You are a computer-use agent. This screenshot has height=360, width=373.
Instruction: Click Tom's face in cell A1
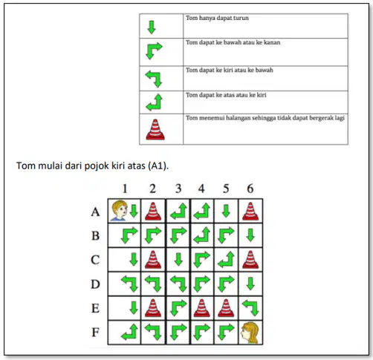[x=120, y=211]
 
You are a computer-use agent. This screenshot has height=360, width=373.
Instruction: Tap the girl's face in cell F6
[x=250, y=333]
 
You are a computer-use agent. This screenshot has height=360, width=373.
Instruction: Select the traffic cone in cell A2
[x=153, y=212]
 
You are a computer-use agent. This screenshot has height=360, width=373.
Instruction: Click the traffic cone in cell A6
[x=250, y=212]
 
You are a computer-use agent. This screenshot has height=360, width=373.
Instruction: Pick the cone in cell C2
[x=153, y=260]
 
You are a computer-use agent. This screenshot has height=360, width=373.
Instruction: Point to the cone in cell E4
[x=202, y=308]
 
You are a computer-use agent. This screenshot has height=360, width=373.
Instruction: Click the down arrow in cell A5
[x=226, y=211]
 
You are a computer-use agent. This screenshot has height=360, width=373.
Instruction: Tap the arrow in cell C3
[x=178, y=260]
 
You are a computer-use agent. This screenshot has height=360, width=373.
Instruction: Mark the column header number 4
[x=201, y=189]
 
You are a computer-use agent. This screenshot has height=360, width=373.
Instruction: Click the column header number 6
[x=250, y=189]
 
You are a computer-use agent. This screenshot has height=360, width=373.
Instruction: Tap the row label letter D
[x=95, y=284]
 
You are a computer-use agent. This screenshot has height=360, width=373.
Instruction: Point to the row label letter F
[x=95, y=333]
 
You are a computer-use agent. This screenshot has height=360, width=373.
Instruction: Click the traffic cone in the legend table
[x=155, y=129]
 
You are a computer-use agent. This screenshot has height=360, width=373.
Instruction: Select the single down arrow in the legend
[x=152, y=27]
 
